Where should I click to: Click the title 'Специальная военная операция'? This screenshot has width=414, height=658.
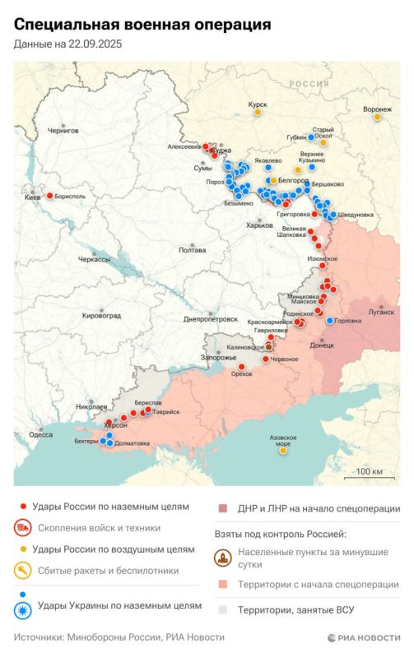coord(142,25)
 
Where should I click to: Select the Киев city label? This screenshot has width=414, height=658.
coord(33,198)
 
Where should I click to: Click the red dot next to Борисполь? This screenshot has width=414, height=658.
coord(49,196)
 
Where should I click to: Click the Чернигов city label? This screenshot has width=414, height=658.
coord(63,130)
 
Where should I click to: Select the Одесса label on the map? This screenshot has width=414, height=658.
coord(40,434)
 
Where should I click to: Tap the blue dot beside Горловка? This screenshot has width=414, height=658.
coord(330,320)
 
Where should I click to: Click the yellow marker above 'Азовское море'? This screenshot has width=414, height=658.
coord(282,438)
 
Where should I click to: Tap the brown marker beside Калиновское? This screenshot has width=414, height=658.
coord(268,348)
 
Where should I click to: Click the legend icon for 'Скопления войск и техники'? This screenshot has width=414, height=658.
coord(26,528)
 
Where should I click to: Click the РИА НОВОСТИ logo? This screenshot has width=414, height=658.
coord(362,637)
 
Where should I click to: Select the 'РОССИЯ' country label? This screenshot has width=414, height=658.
coord(308,84)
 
